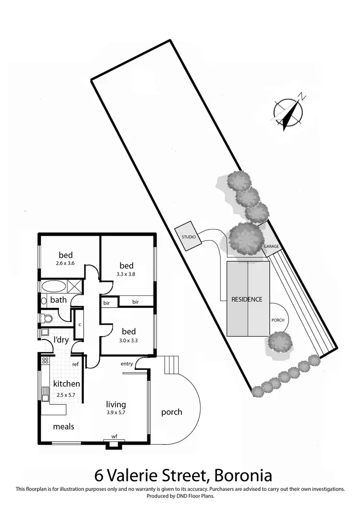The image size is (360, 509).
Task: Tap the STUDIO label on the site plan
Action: click(188, 237)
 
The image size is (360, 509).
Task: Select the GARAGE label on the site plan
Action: click(271, 246)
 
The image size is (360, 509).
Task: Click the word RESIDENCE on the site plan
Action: click(247, 299)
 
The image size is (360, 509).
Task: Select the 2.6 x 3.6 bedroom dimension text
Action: click(65, 263)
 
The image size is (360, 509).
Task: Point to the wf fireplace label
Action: click(114, 436)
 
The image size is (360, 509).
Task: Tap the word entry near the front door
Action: click(127, 364)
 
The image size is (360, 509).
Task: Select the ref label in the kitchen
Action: click(75, 364)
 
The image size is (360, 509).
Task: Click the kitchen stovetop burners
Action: click(46, 361)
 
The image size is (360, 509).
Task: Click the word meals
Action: click(63, 426)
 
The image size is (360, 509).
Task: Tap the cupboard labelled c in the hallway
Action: click(79, 324)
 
